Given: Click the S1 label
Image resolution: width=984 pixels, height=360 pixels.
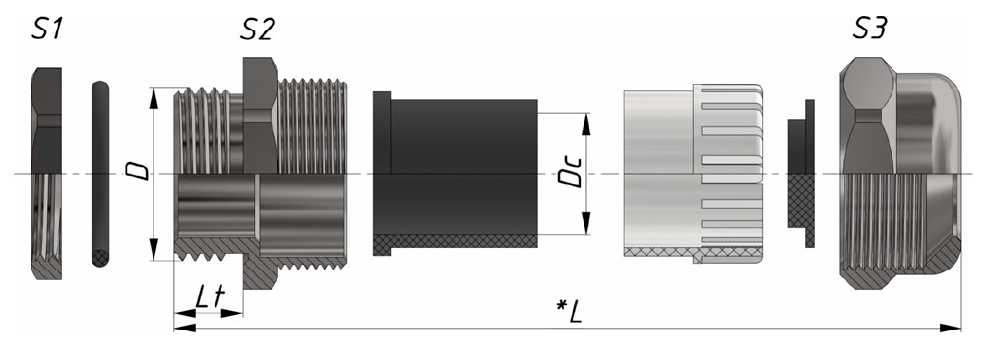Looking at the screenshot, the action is point(47,29).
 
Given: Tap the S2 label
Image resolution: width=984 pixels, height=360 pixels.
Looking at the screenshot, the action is point(257,29).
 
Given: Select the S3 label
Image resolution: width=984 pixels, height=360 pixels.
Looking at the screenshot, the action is point(869,29).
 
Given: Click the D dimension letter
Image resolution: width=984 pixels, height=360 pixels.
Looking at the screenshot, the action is point(140,170).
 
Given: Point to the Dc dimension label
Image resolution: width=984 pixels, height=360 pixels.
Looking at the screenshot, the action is point(571,171).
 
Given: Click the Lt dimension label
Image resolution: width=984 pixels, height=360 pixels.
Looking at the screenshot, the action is point(209,297).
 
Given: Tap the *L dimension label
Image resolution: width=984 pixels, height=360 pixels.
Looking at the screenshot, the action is point(570,311).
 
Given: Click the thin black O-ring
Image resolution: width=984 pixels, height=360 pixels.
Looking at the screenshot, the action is point(99,173).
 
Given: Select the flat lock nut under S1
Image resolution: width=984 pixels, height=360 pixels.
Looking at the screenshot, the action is point(46,173).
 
